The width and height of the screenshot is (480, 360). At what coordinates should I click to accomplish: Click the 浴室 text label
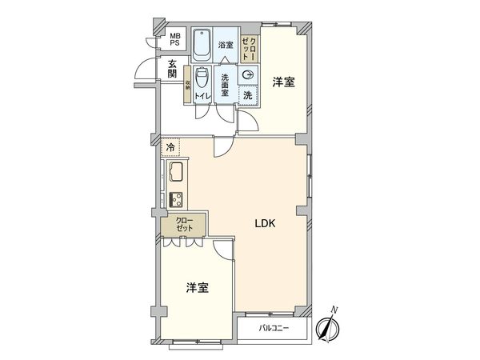[x=226, y=46]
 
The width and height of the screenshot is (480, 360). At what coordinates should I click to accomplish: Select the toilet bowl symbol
[x=202, y=80]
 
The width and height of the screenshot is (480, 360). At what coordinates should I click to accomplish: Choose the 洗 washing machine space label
[x=248, y=95]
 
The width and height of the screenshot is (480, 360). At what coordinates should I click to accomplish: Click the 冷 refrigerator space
[x=171, y=148]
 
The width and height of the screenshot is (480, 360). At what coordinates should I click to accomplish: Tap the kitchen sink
[x=174, y=173]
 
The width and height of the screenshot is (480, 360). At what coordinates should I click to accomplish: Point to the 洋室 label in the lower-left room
[x=198, y=287]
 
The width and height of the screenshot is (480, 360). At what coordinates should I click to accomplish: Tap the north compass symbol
[x=330, y=326]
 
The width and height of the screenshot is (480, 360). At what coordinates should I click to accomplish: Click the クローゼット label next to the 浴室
[x=248, y=50]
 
